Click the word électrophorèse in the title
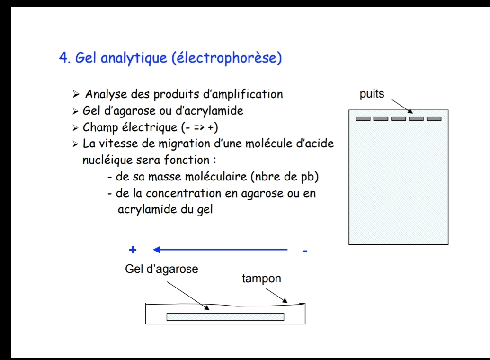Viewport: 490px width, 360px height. click(227, 58)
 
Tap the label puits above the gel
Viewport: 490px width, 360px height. click(372, 94)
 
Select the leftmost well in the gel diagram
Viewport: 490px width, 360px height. click(363, 119)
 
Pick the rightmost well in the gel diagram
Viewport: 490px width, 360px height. click(434, 119)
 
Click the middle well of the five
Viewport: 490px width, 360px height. click(399, 119)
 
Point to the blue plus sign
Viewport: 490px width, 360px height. click(133, 250)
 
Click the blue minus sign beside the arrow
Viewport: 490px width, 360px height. click(305, 251)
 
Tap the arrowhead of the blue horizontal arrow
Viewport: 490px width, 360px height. click(156, 250)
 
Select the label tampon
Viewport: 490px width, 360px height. click(261, 279)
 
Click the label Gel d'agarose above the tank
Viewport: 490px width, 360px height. click(161, 269)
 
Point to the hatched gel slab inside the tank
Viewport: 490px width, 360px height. click(225, 317)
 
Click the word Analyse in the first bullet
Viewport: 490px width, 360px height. click(106, 94)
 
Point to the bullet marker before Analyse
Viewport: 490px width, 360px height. click(76, 94)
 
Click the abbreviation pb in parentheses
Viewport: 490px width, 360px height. click(308, 177)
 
